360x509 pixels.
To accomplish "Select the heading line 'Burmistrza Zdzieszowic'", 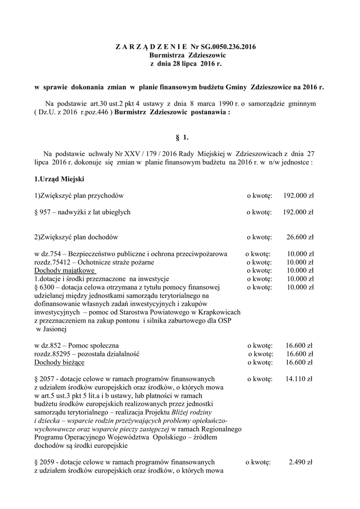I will point(180,56).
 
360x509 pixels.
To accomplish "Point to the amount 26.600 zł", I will point(298,237).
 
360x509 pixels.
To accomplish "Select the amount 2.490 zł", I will point(300,462).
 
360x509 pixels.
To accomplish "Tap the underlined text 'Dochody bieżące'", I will point(59,363).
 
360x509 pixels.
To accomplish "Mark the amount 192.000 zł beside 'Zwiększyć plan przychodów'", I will point(298,195).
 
